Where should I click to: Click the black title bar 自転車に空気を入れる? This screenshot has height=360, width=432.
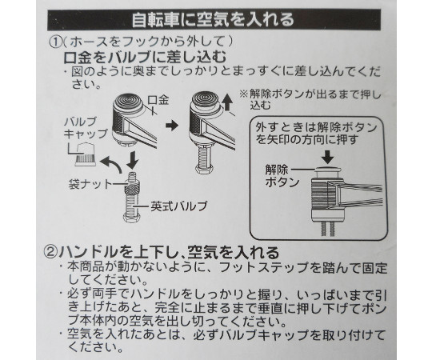[x=214, y=20]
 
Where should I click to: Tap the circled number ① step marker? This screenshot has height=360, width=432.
[x=55, y=42]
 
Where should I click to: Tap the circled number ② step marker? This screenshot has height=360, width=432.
[x=50, y=252]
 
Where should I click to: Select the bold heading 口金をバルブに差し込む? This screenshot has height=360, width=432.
[x=145, y=58]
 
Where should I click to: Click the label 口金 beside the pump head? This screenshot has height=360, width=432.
[x=158, y=100]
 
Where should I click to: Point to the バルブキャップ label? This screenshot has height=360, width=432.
[x=86, y=127]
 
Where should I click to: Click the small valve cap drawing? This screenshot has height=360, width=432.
[x=86, y=154]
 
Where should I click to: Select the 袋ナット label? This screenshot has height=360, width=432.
[x=90, y=184]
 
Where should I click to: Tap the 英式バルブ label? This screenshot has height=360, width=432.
[x=179, y=206]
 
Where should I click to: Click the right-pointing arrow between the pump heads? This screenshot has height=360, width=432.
[x=172, y=126]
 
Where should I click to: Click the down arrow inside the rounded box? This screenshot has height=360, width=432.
[x=327, y=157]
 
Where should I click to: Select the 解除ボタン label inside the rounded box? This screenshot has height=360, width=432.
[x=282, y=176]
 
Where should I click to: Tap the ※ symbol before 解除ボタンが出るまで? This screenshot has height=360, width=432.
[x=244, y=94]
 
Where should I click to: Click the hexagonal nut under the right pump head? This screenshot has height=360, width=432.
[x=203, y=169]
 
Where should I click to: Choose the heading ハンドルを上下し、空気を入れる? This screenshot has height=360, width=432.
[x=169, y=252]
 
